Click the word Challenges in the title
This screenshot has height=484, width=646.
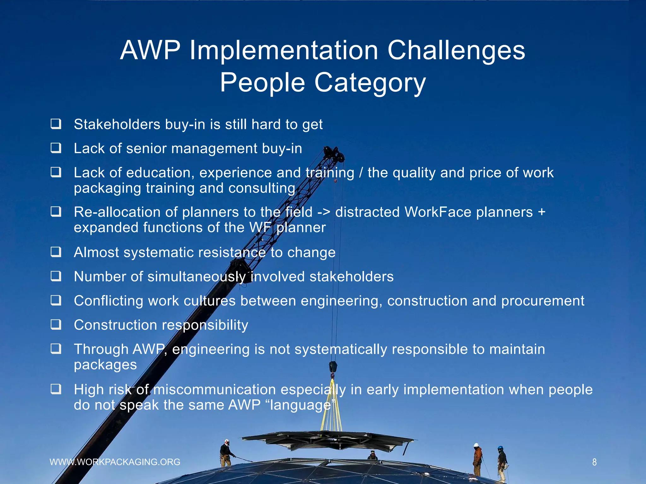click(x=456, y=50)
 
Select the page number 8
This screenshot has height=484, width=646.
click(x=594, y=462)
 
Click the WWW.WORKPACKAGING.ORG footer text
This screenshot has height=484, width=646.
click(x=115, y=462)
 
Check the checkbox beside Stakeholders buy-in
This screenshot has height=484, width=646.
click(x=56, y=124)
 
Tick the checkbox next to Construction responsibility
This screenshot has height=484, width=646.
click(x=56, y=324)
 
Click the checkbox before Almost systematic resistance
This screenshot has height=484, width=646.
click(x=56, y=252)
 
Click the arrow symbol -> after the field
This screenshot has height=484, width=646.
click(x=324, y=212)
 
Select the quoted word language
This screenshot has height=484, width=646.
click(x=300, y=405)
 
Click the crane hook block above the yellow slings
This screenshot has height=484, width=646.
click(x=333, y=367)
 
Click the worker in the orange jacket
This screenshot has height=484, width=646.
click(x=478, y=458)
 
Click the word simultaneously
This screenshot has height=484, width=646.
click(x=196, y=277)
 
